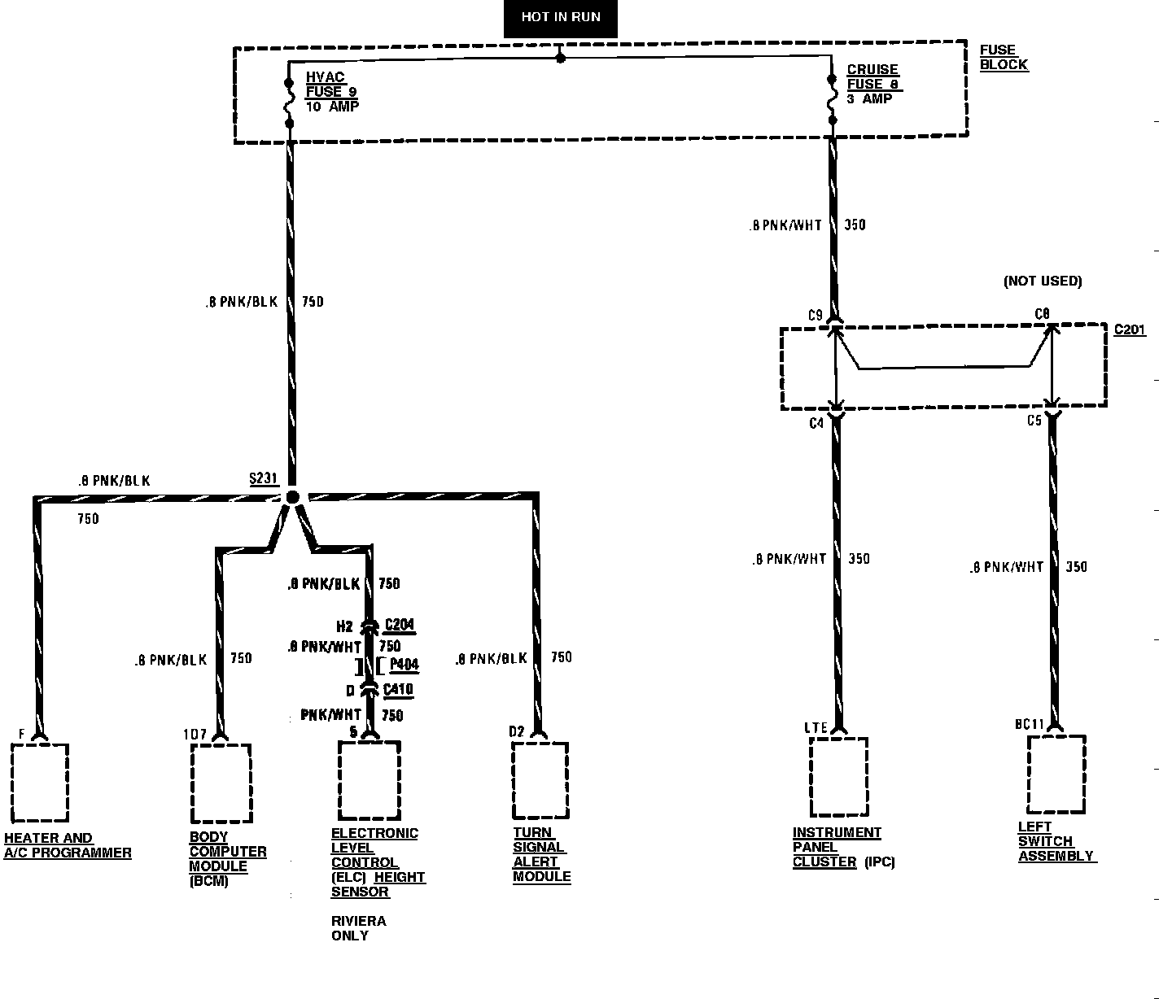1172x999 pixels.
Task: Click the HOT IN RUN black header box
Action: point(561,17)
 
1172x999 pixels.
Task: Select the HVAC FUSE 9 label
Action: point(326,85)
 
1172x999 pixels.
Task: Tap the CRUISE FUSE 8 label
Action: point(873,76)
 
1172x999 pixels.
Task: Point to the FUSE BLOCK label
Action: point(1004,57)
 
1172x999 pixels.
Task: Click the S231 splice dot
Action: point(292,497)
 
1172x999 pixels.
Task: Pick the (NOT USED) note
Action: point(1043,281)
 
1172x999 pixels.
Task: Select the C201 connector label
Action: point(1130,330)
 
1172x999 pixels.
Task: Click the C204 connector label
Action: point(400,625)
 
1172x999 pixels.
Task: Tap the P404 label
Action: point(404,665)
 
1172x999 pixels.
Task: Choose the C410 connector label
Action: point(398,690)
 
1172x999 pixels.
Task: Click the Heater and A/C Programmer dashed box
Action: point(40,782)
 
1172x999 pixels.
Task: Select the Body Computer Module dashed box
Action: point(221,783)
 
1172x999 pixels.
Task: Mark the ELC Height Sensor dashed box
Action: point(370,780)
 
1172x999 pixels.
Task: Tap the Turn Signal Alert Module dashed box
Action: point(540,780)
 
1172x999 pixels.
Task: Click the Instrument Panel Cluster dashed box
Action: point(838,777)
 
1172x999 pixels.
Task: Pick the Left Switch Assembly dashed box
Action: point(1056,774)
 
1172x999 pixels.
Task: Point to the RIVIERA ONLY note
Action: point(358,928)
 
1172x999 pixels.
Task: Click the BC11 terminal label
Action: point(1029,724)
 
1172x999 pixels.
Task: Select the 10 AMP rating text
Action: point(332,107)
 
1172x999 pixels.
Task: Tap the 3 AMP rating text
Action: point(869,99)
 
